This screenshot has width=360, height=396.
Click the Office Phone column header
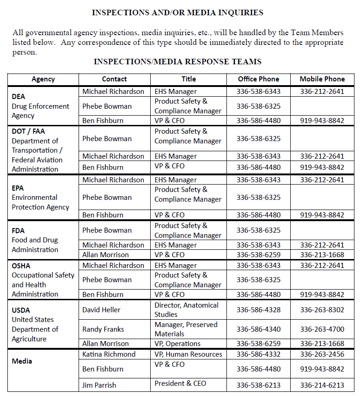[x=258, y=79]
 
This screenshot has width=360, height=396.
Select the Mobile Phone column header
[x=322, y=79]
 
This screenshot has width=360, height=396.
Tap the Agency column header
[x=43, y=79]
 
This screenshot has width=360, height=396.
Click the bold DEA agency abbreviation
[x=18, y=97]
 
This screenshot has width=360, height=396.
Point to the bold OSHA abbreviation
[x=21, y=266]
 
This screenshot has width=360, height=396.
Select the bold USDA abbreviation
[x=21, y=310]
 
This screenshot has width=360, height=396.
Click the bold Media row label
[x=22, y=361]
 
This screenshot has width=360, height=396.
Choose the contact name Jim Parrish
[x=99, y=385]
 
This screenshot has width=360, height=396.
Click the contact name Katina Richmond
[x=109, y=354]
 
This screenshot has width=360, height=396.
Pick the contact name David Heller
[x=101, y=309]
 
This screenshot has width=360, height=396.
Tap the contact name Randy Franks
[x=103, y=329]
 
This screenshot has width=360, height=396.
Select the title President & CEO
[x=180, y=384]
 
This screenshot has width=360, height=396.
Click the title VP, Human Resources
[x=188, y=354]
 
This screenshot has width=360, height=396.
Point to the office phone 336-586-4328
[x=258, y=310]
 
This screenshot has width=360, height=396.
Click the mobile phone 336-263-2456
[x=322, y=354]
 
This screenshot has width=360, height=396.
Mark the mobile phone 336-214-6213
[x=322, y=385]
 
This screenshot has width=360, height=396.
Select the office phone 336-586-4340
[x=258, y=329]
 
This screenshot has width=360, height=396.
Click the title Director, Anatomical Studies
[x=187, y=309]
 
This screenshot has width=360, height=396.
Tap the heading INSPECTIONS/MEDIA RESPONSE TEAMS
[x=177, y=62]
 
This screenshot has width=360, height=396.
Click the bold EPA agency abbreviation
[x=18, y=188]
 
